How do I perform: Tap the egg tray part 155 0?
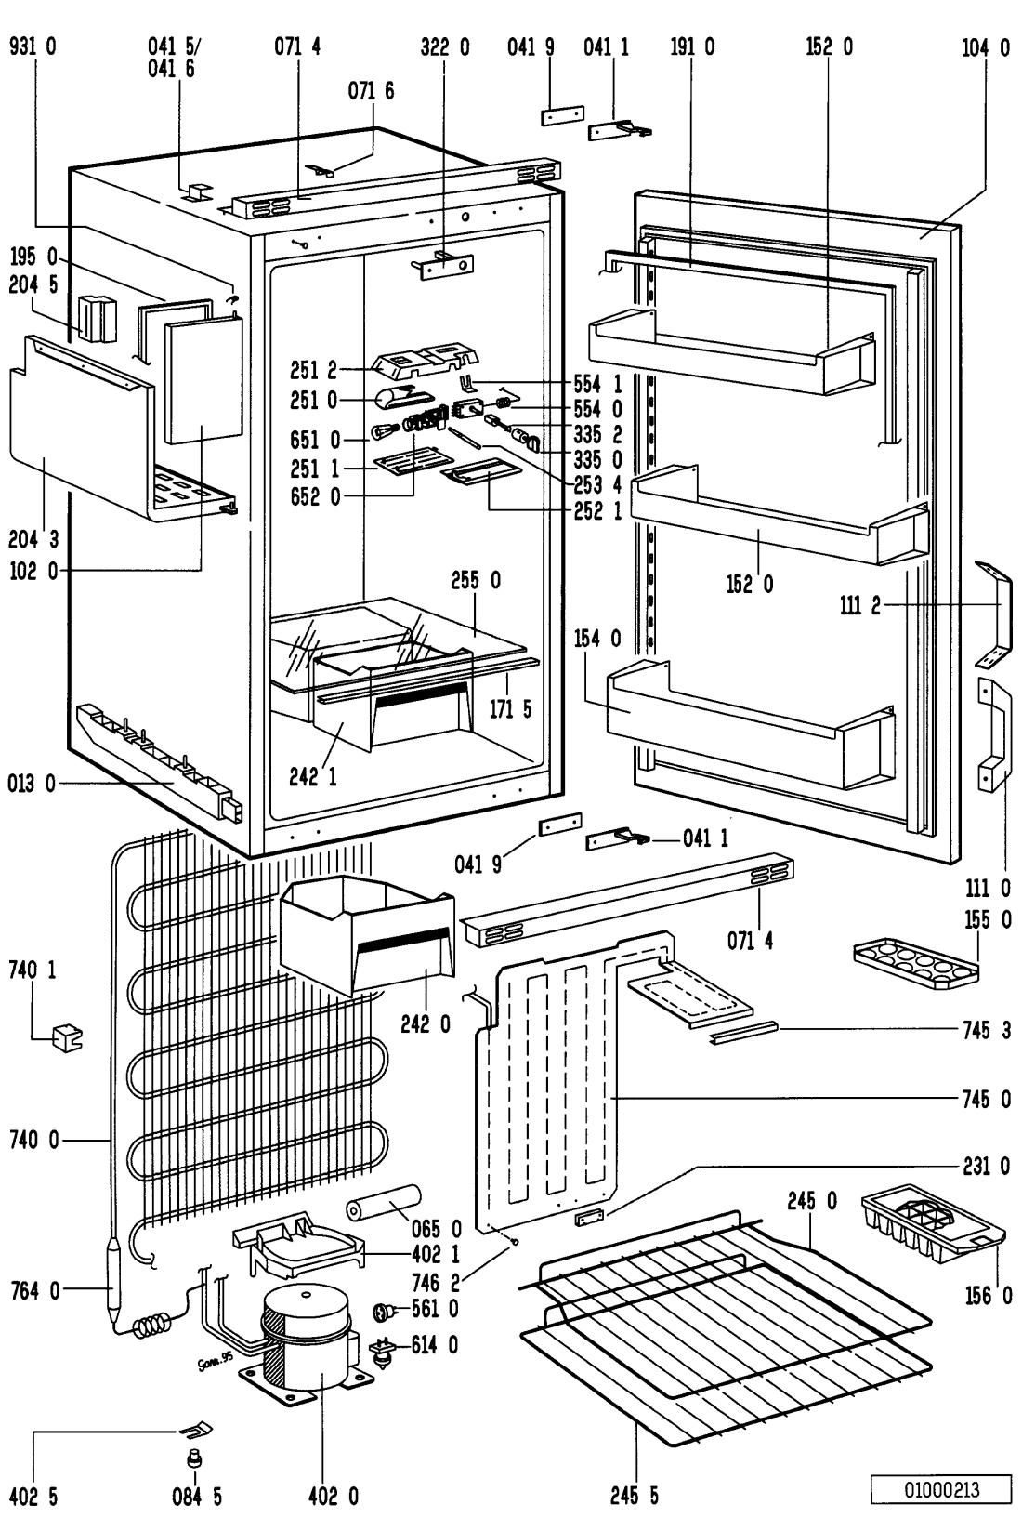pos(916,962)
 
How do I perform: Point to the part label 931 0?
pos(32,46)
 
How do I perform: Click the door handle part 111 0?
pos(992,734)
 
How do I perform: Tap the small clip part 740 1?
pos(67,1037)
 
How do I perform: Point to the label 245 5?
pos(635,1496)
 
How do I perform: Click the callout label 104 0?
pos(985,46)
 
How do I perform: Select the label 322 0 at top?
pos(444,46)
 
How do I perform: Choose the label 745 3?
pos(987,1029)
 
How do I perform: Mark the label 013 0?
pos(32,784)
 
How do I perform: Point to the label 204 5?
pos(33,284)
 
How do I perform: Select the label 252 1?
pos(598,510)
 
